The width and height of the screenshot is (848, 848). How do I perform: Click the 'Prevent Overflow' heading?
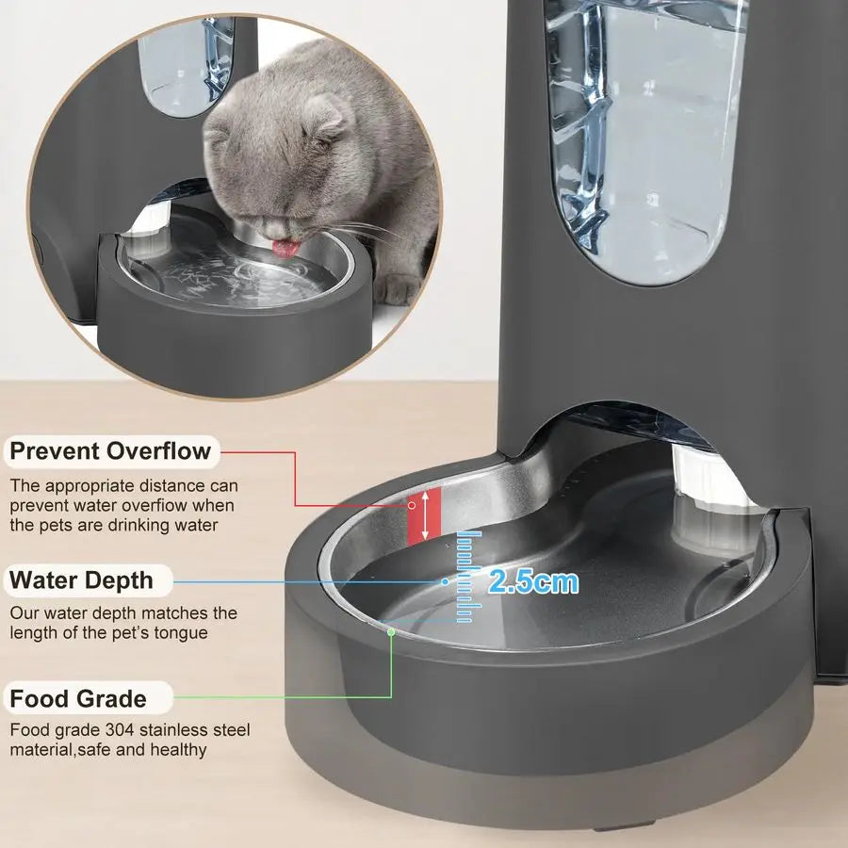[x=110, y=451]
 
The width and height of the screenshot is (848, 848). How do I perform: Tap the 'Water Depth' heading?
[x=80, y=579]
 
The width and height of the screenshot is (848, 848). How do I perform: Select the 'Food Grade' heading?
[x=78, y=699]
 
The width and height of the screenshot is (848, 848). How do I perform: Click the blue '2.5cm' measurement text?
[x=532, y=581]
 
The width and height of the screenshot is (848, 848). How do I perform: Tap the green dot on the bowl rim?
[x=391, y=631]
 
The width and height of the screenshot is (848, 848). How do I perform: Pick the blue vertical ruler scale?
[x=465, y=577]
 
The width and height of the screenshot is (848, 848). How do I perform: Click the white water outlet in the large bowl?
[x=707, y=499]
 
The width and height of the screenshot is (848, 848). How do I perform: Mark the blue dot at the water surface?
[x=446, y=582]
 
